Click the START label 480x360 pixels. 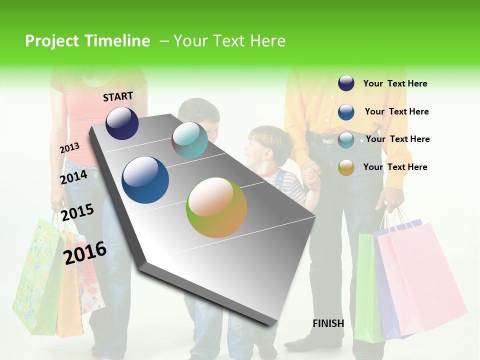point(118,96)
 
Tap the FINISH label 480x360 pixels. point(328,323)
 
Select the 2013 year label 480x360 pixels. point(69,148)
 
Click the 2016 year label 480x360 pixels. point(85,252)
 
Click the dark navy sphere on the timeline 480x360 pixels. point(122,123)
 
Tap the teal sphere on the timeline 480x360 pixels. point(189,140)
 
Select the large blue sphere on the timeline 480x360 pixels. point(145,180)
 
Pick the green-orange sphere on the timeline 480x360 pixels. point(216,207)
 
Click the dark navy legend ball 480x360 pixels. point(346,83)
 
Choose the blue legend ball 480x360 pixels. point(346,112)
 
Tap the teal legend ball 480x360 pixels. point(346,140)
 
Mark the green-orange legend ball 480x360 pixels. point(346,167)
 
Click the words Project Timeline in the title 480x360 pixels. point(87,41)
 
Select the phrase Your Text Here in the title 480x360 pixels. point(229,41)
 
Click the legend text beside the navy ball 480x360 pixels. point(395,83)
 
